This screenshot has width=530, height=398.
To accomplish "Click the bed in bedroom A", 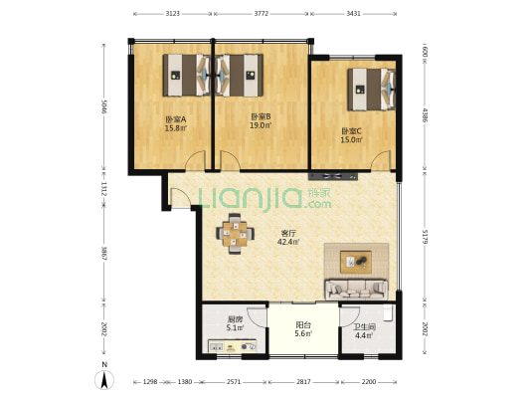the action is tap(187, 75).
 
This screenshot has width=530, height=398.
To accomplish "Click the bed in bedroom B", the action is tap(240, 75).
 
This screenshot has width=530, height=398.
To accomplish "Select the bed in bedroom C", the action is tap(372, 90).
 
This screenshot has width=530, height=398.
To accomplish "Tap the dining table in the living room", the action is tap(235, 234).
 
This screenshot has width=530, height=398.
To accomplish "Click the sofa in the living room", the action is tap(356, 290).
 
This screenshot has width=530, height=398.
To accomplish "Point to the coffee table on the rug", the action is tap(356, 262).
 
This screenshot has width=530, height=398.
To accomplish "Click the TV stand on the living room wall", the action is tap(333, 176).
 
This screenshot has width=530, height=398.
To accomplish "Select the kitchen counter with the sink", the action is tap(233, 346).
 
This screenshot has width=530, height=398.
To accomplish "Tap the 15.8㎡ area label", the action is tap(176, 128).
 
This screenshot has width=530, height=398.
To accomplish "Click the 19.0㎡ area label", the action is tap(261, 125).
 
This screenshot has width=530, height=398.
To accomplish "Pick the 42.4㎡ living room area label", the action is tap(288, 242).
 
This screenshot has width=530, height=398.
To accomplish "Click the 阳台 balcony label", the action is tap(303, 325).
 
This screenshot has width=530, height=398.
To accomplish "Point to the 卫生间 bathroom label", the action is tap(364, 327).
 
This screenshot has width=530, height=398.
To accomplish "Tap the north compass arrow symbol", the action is tap(104, 380).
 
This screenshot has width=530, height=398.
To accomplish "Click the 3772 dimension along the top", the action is tap(262, 14).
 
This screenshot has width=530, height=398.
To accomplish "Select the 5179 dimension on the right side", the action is tap(426, 237).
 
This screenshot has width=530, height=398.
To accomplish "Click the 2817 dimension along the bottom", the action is tap(303, 382).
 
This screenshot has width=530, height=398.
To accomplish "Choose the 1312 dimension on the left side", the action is tap(103, 188).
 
